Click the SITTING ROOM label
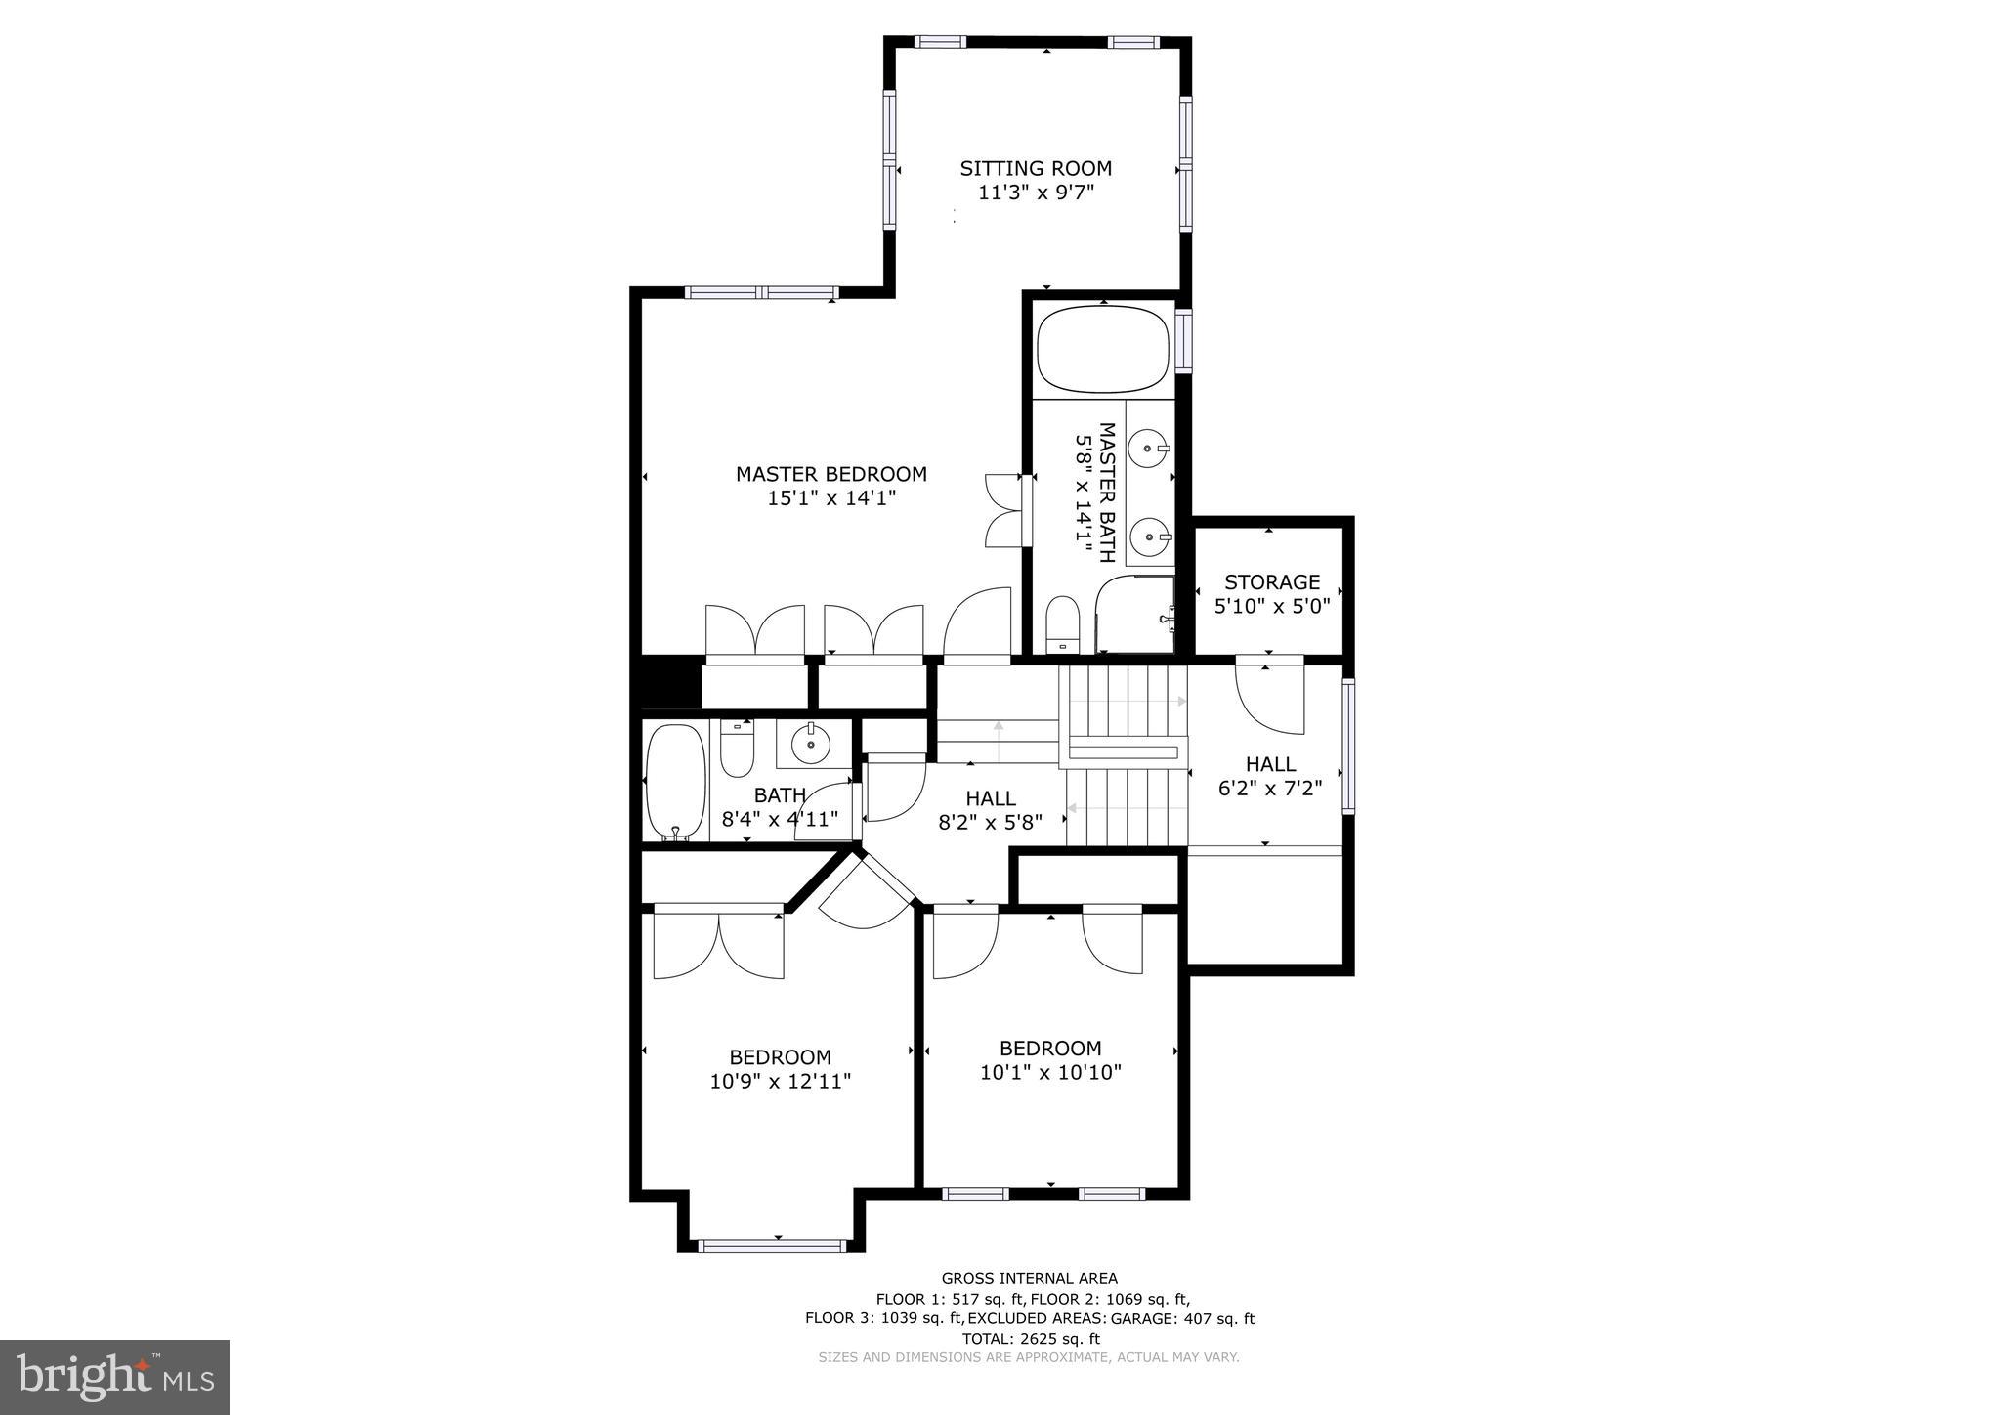[1036, 168]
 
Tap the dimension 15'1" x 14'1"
[831, 498]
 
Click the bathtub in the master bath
[1103, 349]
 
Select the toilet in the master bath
[1061, 622]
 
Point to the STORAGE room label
[1272, 582]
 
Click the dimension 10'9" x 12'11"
[781, 1082]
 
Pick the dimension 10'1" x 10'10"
[1050, 1073]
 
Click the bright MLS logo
[115, 1377]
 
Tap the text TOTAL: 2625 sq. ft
[1030, 1339]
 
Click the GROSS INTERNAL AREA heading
[1030, 1278]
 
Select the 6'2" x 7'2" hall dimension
[1270, 789]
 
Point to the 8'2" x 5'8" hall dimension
[991, 823]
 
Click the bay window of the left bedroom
[773, 1246]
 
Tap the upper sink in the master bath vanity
[1148, 450]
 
